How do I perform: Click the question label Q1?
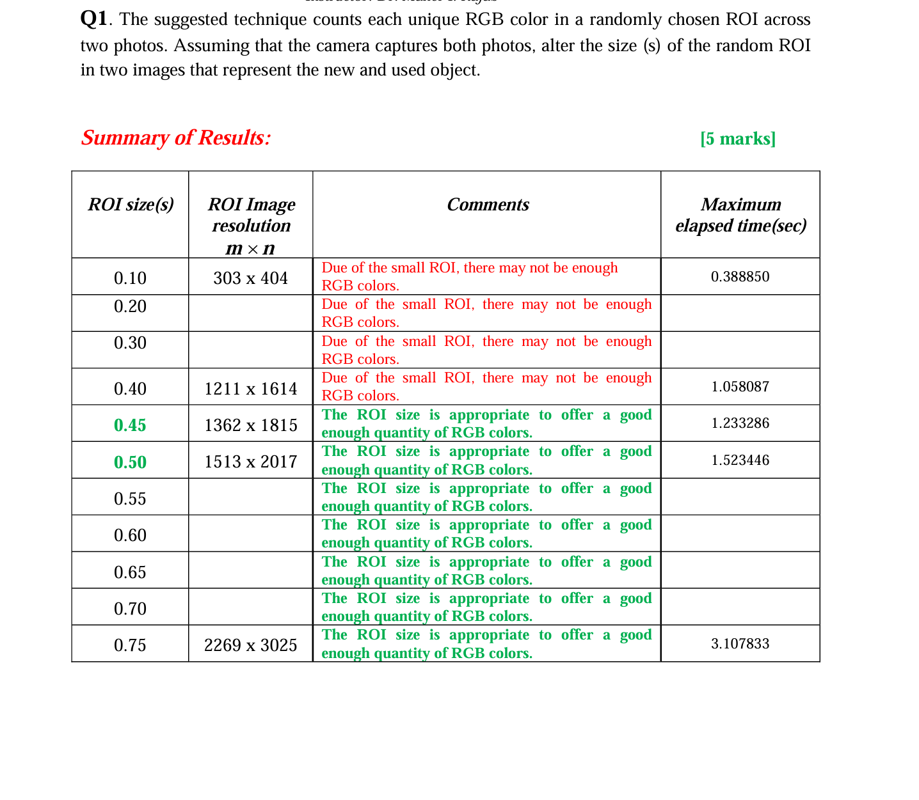point(94,19)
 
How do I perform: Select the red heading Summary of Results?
point(176,137)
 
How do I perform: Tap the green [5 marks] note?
point(738,139)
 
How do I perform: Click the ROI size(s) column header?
point(131,205)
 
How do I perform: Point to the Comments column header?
point(488,205)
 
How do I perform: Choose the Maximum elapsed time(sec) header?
point(740,215)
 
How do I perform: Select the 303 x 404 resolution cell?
point(251,278)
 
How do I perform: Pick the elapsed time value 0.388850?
point(740,277)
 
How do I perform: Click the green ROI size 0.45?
point(130,425)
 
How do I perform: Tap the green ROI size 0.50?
point(130,462)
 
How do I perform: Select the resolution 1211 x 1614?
point(251,389)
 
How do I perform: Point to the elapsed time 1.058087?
point(740,387)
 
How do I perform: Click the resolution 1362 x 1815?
point(251,425)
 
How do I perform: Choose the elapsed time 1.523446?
point(740,460)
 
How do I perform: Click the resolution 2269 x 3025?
point(251,645)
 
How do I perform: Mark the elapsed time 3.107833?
point(740,644)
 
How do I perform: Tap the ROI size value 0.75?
point(130,645)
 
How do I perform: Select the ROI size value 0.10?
point(130,278)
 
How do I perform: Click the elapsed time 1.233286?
point(740,423)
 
